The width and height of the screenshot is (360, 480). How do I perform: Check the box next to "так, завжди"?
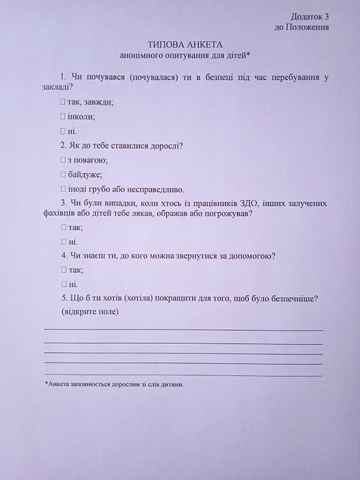coord(62,102)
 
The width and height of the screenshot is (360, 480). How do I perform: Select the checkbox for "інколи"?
coord(62,116)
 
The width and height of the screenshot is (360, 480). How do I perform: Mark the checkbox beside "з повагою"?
coord(62,160)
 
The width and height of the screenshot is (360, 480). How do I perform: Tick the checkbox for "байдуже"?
coord(62,175)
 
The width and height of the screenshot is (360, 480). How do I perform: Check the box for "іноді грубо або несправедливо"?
coord(62,189)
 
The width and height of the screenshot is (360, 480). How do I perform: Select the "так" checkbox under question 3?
coord(62,228)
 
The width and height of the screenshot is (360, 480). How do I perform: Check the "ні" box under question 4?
coord(62,284)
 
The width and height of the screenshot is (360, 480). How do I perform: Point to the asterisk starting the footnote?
coord(46,382)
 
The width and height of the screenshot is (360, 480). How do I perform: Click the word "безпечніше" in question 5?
coord(295,299)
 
